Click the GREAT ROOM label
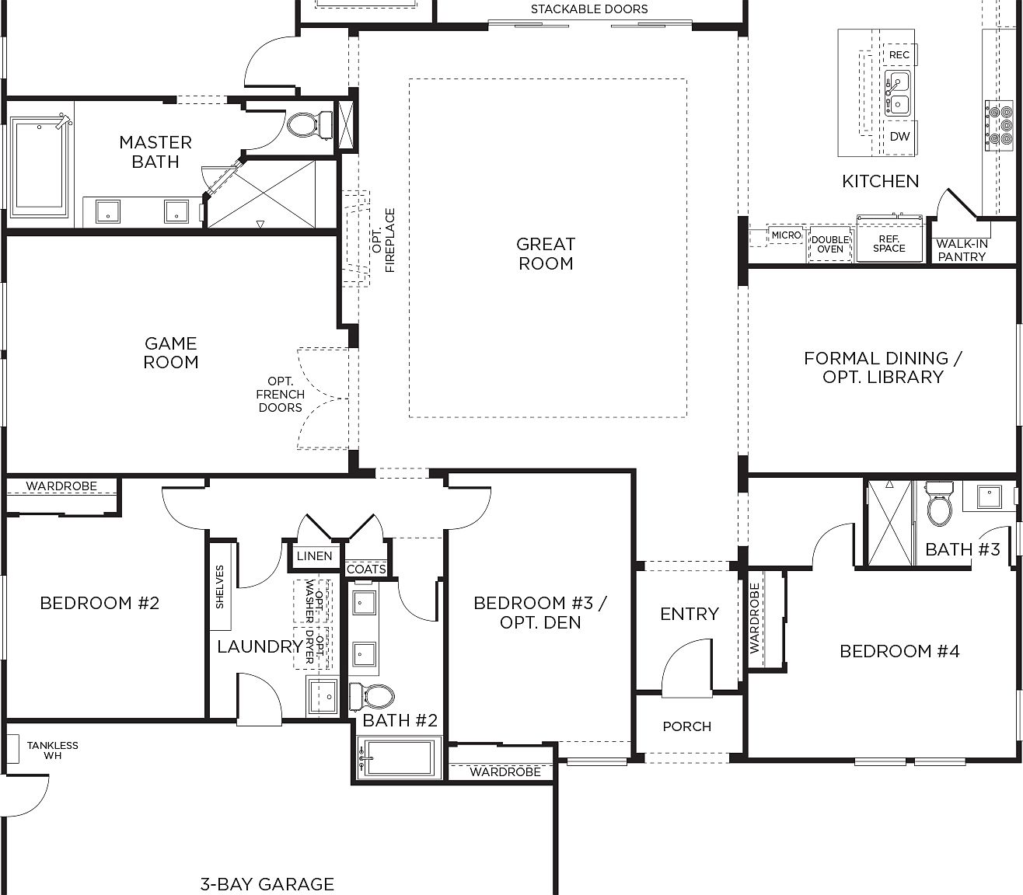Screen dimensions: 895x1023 click(x=546, y=254)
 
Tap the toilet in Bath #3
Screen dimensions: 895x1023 click(x=939, y=506)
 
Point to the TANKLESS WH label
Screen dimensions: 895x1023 click(x=52, y=750)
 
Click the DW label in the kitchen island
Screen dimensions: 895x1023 click(x=899, y=137)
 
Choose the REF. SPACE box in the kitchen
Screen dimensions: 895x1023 click(x=889, y=244)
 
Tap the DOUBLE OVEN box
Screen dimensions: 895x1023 click(x=830, y=245)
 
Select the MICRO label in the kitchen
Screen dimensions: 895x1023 click(x=786, y=235)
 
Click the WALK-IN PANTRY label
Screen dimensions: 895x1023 click(x=962, y=249)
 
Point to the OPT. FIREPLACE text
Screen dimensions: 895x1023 click(x=383, y=240)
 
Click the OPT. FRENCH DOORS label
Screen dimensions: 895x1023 click(x=280, y=395)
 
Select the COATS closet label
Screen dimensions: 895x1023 click(x=366, y=569)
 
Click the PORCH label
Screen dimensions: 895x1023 click(x=686, y=726)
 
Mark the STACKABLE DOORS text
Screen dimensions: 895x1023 click(x=588, y=9)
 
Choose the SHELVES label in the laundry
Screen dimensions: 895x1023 click(x=220, y=587)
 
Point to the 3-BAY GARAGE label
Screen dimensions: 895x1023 click(x=267, y=883)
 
